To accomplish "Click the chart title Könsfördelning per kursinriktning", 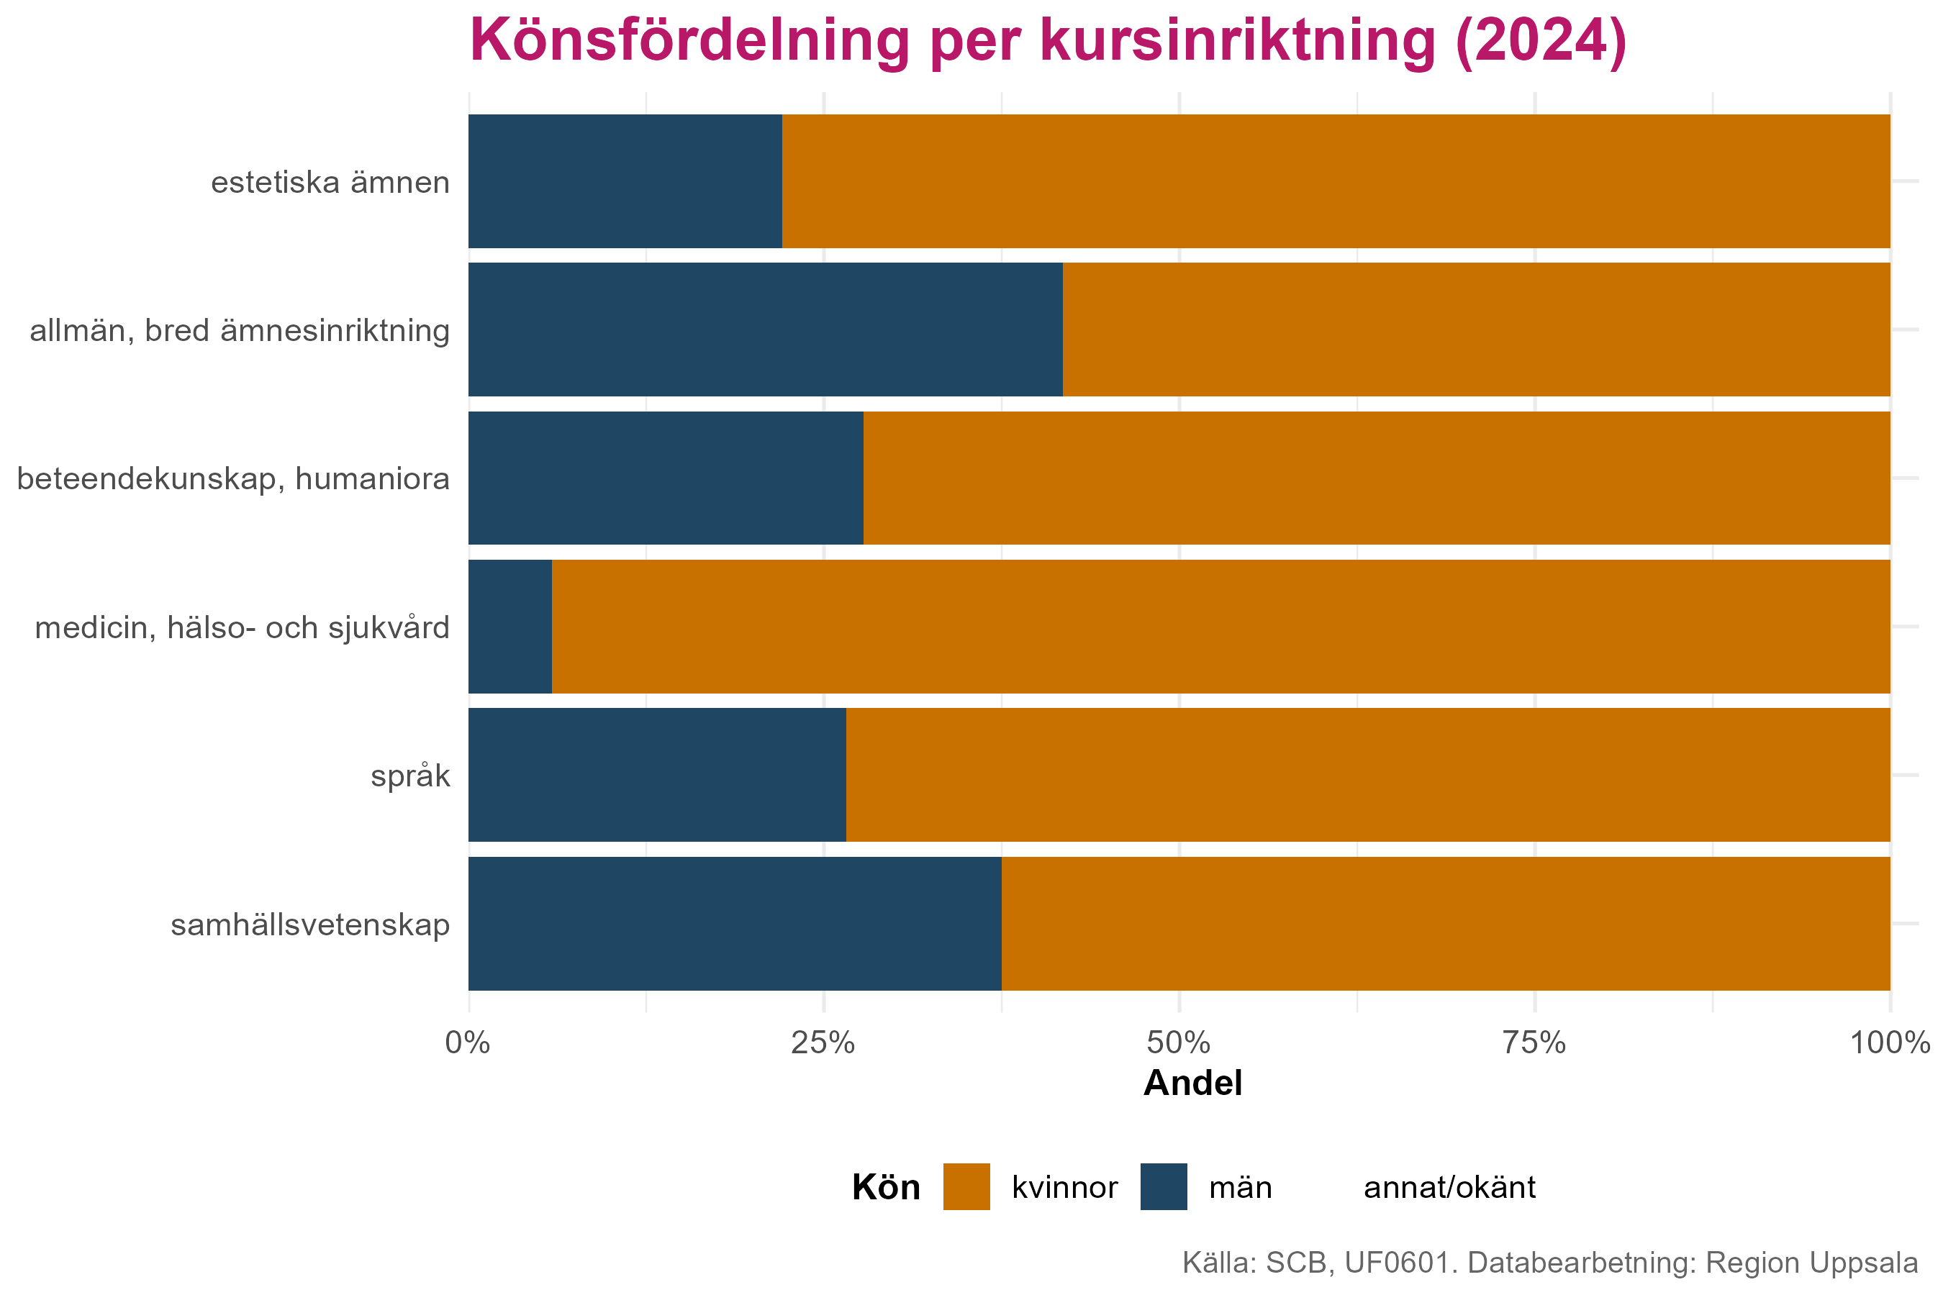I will point(1048,41).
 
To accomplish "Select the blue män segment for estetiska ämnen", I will point(625,181).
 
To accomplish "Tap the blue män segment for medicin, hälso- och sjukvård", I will point(509,627).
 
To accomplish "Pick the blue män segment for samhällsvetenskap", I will point(735,923).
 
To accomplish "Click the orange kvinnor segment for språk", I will point(1368,775).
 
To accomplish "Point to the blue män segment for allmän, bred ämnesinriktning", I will point(765,330).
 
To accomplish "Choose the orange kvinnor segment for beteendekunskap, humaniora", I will point(1376,478).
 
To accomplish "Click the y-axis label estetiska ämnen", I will point(330,183).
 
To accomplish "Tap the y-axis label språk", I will point(411,776).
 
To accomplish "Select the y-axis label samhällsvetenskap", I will point(311,925).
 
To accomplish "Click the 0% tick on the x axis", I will point(468,1043).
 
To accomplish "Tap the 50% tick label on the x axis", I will point(1179,1043).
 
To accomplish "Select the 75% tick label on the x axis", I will point(1534,1043).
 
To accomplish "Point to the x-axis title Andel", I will point(1192,1083).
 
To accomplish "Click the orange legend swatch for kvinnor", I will point(966,1187).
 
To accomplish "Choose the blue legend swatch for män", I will point(1163,1187).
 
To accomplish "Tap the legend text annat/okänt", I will point(1449,1188).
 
